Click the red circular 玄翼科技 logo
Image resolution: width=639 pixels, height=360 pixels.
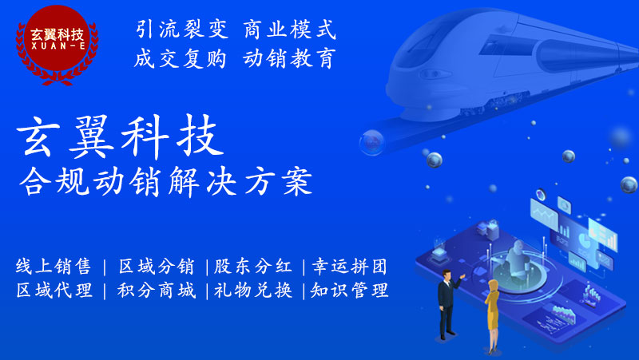click(57, 44)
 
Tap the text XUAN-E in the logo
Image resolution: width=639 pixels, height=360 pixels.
click(58, 46)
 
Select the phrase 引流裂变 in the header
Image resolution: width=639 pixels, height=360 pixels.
click(182, 30)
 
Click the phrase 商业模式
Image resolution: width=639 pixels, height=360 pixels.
click(290, 30)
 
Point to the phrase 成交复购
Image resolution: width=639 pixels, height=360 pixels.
click(181, 58)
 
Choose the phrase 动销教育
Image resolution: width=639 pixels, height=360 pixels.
click(289, 58)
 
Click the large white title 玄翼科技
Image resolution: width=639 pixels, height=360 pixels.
click(121, 136)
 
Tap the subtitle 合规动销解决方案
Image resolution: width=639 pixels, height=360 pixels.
click(166, 181)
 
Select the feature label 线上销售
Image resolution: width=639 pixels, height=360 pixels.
click(54, 267)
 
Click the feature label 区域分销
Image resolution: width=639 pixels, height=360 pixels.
click(157, 267)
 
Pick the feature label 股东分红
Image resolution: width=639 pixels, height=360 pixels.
click(253, 267)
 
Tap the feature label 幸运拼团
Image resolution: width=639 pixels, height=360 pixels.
click(350, 267)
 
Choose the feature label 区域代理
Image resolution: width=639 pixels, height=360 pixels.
click(54, 291)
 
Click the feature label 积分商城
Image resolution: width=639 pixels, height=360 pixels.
click(157, 291)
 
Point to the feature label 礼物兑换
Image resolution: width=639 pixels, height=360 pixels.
click(253, 291)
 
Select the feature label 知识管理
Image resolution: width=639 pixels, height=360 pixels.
click(350, 291)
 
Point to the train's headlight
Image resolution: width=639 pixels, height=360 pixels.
click(435, 74)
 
